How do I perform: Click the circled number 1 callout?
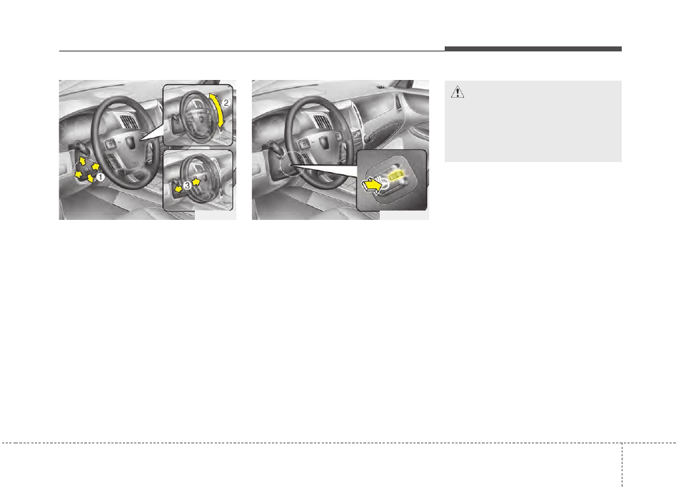pyautogui.click(x=101, y=177)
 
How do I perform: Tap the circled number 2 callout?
pyautogui.click(x=226, y=103)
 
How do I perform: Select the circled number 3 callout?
pyautogui.click(x=187, y=186)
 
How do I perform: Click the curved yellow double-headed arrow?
pyautogui.click(x=218, y=109)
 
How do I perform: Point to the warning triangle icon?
pyautogui.click(x=458, y=92)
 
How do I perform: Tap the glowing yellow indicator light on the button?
pyautogui.click(x=396, y=175)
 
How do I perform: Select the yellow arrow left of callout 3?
pyautogui.click(x=177, y=189)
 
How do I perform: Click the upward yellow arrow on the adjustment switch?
pyautogui.click(x=83, y=161)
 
